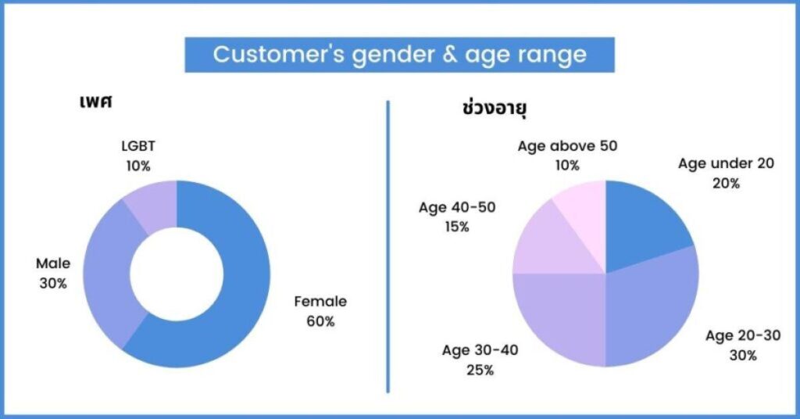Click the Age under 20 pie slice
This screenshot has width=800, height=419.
coord(643,224)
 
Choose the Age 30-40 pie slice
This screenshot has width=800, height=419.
coord(561,317)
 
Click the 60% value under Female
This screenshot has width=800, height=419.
coord(320,321)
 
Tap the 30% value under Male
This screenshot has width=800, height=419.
coord(53,283)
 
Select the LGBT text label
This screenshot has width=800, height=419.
coord(138,146)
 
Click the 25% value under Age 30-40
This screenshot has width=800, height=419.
coord(480,370)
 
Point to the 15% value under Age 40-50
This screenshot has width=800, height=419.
coord(456,227)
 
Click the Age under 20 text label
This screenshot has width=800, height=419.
coord(726,164)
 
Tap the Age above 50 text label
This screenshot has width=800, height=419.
coord(567,146)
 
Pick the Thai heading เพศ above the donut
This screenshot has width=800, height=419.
coord(95,101)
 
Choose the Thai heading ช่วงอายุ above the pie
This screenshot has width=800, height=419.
coord(494,108)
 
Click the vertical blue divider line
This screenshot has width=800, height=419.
coord(387,246)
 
